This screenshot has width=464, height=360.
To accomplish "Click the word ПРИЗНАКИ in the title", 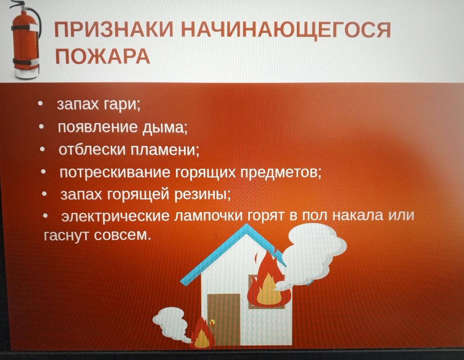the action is click(x=114, y=30).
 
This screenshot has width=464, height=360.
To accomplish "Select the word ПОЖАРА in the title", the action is click(x=103, y=56).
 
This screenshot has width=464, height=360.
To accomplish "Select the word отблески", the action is click(x=92, y=150).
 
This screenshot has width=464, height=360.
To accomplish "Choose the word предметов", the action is click(x=281, y=172).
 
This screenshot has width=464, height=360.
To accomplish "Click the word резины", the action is click(x=203, y=195).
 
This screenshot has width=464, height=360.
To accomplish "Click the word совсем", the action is click(x=120, y=236).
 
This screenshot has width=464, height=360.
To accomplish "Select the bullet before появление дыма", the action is click(x=41, y=128).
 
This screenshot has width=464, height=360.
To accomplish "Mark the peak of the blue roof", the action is click(x=247, y=224).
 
